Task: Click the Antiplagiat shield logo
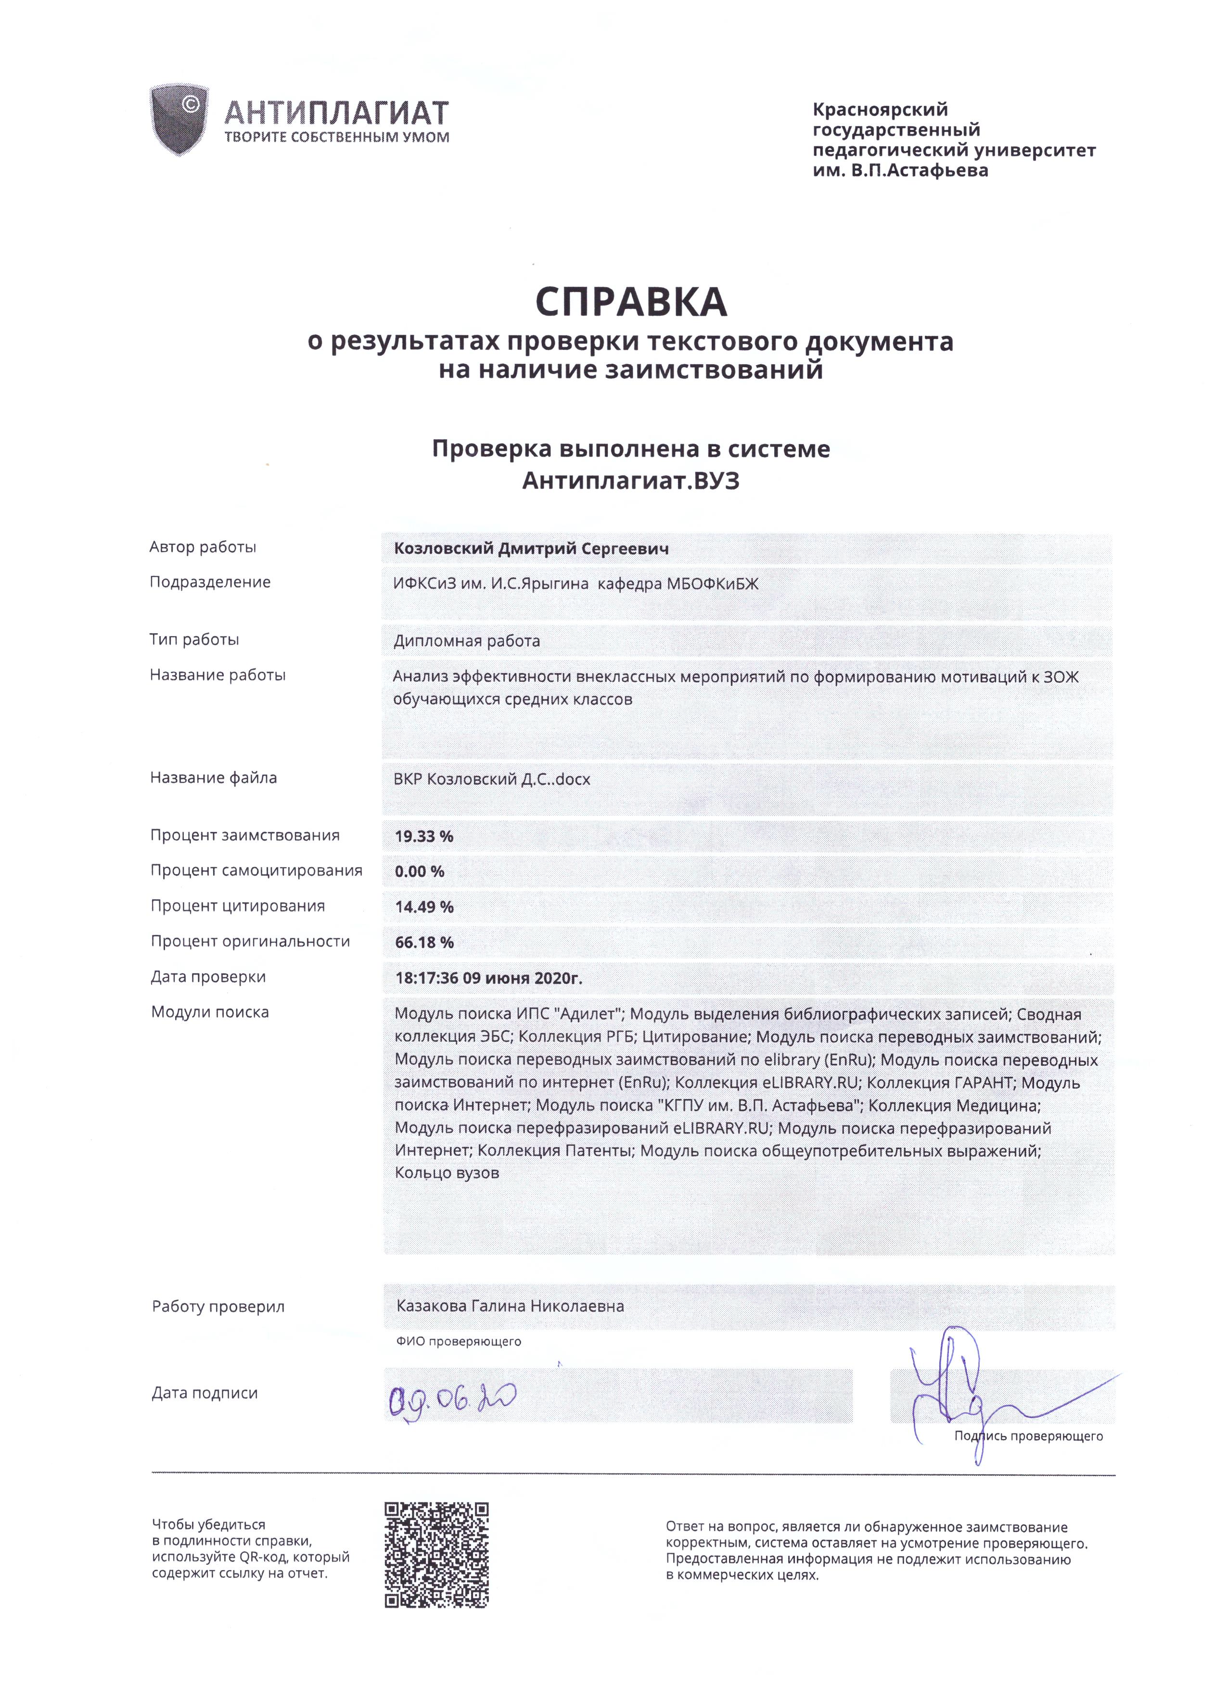pos(178,120)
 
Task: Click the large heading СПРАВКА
pos(631,302)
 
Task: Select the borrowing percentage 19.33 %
pos(424,836)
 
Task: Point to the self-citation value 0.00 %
pos(419,871)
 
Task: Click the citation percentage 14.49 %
pos(424,907)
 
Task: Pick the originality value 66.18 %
pos(424,942)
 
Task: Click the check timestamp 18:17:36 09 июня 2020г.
pos(488,978)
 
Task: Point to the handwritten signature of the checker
pos(960,1385)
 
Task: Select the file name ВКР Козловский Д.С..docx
pos(491,780)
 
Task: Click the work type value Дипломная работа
pos(466,641)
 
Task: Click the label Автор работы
pos(203,548)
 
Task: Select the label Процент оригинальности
pos(250,941)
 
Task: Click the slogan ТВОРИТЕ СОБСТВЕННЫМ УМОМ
pos(337,137)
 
